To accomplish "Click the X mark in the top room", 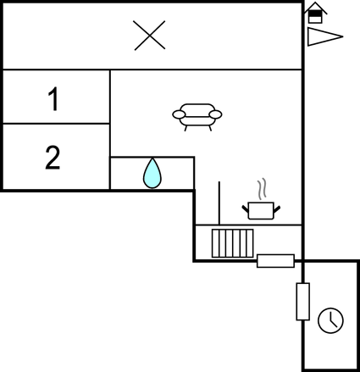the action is click(x=150, y=36).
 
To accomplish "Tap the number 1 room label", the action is click(x=53, y=98).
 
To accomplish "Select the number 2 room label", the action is click(x=53, y=158).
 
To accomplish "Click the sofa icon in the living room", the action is click(x=197, y=117).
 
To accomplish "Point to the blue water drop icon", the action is click(x=152, y=173).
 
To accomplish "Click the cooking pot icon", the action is click(x=261, y=210).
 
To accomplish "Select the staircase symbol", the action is click(x=233, y=243).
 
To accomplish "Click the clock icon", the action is click(x=330, y=320).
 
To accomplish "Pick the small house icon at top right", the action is click(x=315, y=13).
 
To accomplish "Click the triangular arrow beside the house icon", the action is click(x=324, y=36).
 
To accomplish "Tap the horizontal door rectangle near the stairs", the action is click(x=275, y=261).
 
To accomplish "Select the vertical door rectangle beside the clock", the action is click(x=302, y=302).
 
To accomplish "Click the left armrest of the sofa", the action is click(x=179, y=114).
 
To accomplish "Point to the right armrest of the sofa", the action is click(x=215, y=114).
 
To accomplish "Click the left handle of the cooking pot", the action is click(x=245, y=209).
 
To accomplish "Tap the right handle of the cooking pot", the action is click(x=277, y=209).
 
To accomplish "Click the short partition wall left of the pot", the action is click(x=219, y=203).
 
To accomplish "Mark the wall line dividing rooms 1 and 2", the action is click(x=56, y=124).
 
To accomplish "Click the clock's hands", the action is click(x=332, y=319).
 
